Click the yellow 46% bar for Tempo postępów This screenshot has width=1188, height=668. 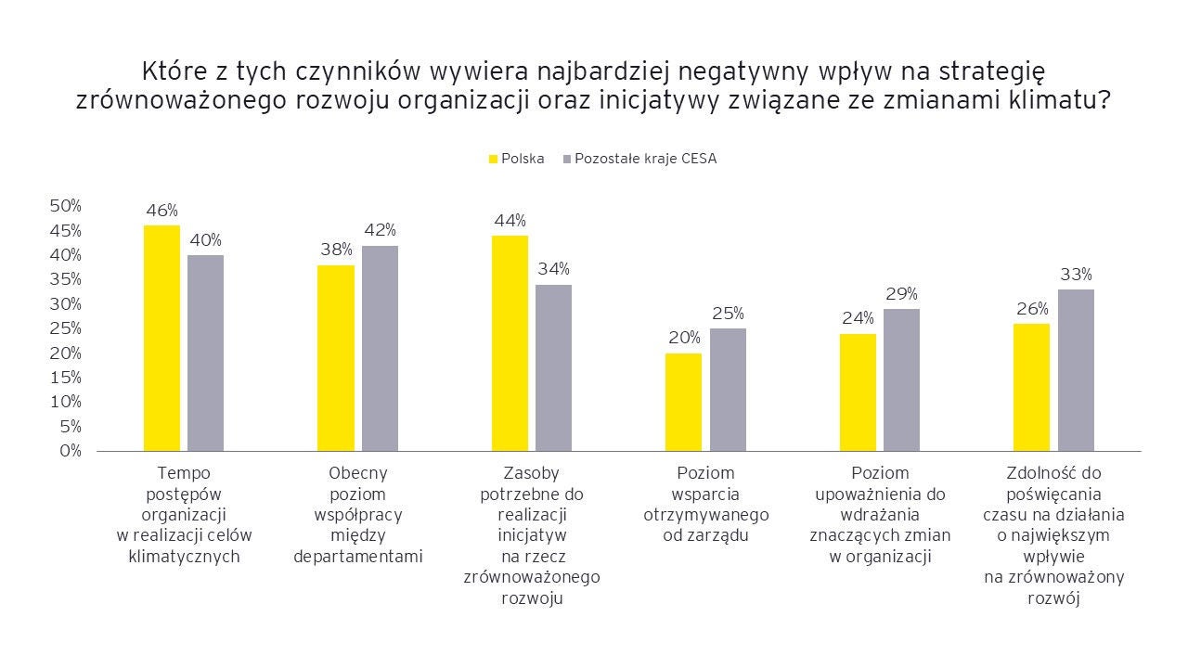point(161,338)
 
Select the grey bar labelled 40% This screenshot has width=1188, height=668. point(205,353)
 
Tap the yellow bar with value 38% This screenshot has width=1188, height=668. point(336,358)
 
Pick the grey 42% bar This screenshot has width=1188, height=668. point(380,348)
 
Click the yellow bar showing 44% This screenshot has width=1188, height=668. point(510,343)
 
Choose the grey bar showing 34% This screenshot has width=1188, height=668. point(554,367)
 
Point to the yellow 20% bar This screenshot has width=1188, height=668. point(684,402)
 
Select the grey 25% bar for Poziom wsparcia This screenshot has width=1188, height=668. point(728,390)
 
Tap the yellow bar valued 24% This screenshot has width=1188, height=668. point(858,392)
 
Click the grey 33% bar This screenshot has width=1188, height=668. point(1076,370)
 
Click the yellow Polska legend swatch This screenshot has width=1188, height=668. point(494,159)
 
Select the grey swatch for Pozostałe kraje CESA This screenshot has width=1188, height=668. point(567,159)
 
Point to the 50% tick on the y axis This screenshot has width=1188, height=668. point(66,205)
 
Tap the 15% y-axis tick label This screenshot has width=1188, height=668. point(66,378)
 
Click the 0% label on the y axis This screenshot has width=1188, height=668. point(71,451)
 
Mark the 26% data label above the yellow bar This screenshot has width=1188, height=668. point(1031,308)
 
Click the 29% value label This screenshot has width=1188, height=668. point(901,293)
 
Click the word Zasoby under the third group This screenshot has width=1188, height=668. point(531,472)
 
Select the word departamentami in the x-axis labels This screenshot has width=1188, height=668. point(357,557)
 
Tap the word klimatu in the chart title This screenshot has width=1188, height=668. point(1058,102)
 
